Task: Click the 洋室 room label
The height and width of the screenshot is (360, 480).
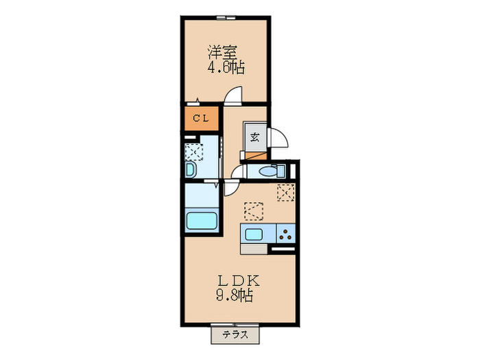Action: (x=223, y=51)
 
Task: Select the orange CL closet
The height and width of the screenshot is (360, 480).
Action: (x=200, y=118)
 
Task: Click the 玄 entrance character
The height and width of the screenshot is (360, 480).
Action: (x=254, y=136)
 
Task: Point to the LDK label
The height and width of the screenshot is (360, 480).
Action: (x=237, y=280)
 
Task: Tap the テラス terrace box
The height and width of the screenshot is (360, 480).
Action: (x=235, y=335)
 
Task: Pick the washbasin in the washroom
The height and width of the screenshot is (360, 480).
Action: (x=190, y=169)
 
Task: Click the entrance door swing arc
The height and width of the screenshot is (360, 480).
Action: (x=280, y=139)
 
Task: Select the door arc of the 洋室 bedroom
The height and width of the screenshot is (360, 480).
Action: (x=235, y=95)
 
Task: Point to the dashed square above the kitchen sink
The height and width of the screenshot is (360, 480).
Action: (x=254, y=209)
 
